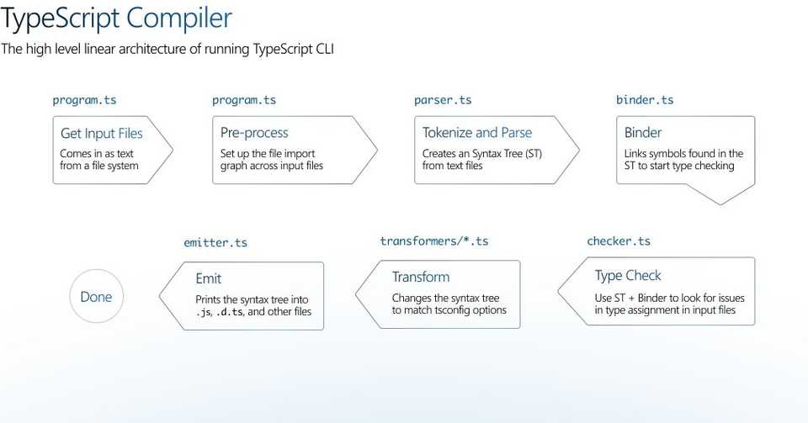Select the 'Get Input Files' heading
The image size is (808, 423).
[102, 133]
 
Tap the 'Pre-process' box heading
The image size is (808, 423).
[254, 133]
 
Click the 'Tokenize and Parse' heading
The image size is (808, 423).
[476, 133]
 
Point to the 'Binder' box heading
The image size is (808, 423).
[642, 133]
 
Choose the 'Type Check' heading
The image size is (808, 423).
[628, 276]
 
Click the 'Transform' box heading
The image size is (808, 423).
[421, 277]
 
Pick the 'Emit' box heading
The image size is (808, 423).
[208, 278]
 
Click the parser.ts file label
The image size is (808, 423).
[443, 100]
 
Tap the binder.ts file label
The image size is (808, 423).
[645, 100]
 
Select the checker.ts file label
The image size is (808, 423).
[619, 241]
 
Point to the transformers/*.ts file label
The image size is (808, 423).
[434, 241]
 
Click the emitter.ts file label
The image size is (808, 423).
[215, 242]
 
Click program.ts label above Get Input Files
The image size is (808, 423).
[84, 100]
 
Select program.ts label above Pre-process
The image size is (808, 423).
[244, 100]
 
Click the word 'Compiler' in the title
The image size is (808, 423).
[179, 18]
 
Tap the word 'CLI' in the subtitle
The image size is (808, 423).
[323, 50]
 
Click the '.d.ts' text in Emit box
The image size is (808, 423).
[229, 312]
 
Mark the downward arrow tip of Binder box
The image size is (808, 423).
[720, 204]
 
